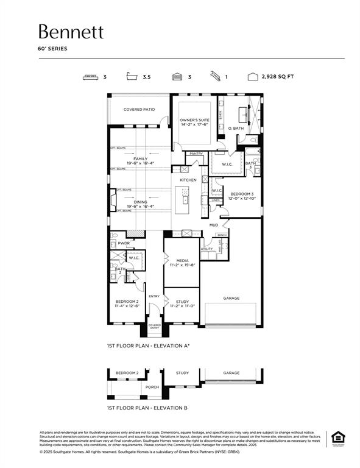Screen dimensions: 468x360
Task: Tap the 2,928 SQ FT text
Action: pyautogui.click(x=277, y=77)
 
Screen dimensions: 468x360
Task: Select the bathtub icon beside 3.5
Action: pyautogui.click(x=129, y=77)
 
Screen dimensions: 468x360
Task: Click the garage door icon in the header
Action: pyautogui.click(x=177, y=77)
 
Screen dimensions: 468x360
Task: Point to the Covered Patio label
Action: pyautogui.click(x=139, y=110)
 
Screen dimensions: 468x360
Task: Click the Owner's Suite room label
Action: pyautogui.click(x=194, y=121)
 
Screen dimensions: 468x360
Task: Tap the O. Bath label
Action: pyautogui.click(x=236, y=129)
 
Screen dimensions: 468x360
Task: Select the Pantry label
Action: pyautogui.click(x=196, y=154)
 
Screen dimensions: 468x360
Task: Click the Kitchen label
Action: pyautogui.click(x=188, y=180)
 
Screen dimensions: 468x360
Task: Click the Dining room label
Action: pyautogui.click(x=140, y=202)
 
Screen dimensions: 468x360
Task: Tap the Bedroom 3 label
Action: pyautogui.click(x=241, y=194)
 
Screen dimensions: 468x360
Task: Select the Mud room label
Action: pyautogui.click(x=214, y=225)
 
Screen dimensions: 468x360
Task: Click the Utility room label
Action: pyautogui.click(x=207, y=249)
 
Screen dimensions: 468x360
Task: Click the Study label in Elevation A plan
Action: pyautogui.click(x=182, y=301)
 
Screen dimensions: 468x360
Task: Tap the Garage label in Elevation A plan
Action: pyautogui.click(x=231, y=298)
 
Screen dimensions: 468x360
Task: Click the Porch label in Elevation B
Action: pyautogui.click(x=152, y=386)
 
